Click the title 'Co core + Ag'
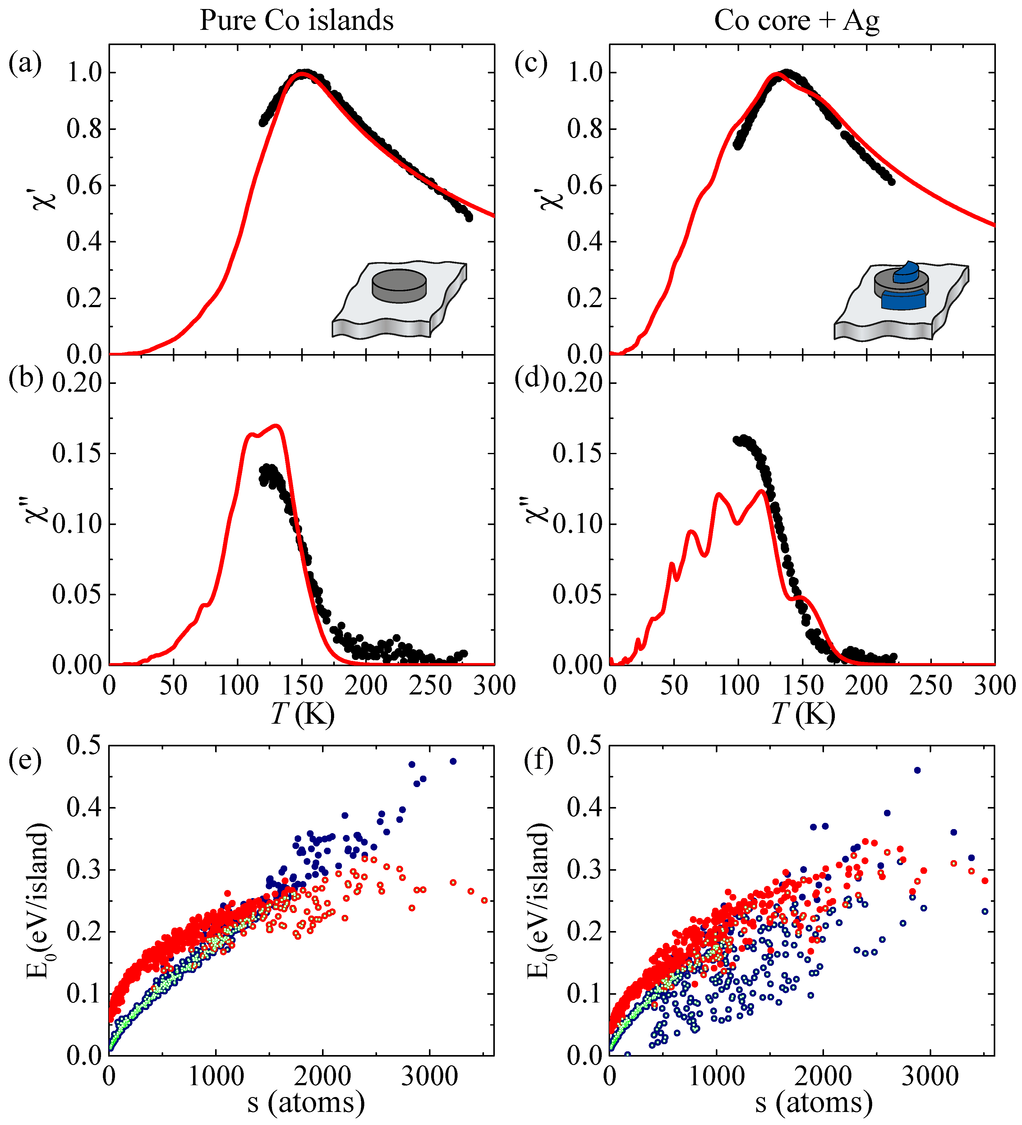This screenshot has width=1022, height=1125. click(797, 21)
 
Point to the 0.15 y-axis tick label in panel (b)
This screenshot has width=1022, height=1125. click(77, 454)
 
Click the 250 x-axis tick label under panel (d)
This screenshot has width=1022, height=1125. click(930, 686)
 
